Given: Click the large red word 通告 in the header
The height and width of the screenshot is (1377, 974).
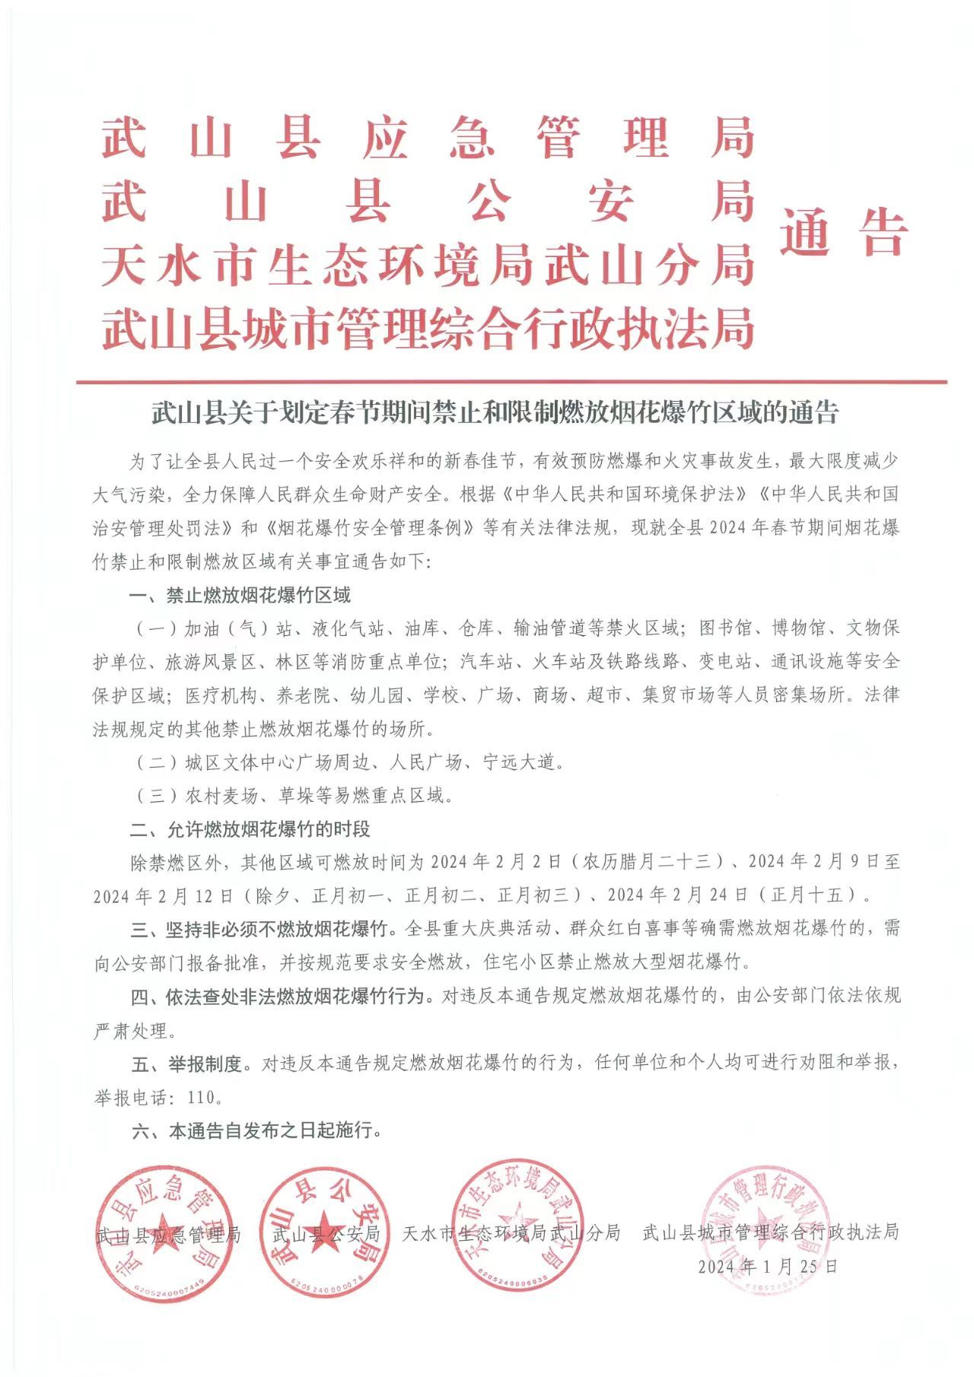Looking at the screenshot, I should pyautogui.click(x=843, y=232).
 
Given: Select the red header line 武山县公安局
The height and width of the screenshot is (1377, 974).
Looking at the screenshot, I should pyautogui.click(x=428, y=202).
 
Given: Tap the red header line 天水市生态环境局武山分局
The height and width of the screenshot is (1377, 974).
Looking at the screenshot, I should pyautogui.click(x=428, y=266).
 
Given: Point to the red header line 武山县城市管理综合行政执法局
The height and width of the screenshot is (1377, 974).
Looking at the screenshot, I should pyautogui.click(x=428, y=329).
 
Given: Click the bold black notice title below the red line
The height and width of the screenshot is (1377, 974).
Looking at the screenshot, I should pyautogui.click(x=495, y=412).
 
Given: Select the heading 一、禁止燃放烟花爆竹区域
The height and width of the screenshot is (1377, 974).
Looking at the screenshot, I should pyautogui.click(x=240, y=596).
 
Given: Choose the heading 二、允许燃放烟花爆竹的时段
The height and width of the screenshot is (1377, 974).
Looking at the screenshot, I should pyautogui.click(x=250, y=828).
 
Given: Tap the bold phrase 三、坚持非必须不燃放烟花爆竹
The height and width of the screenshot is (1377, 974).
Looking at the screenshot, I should pyautogui.click(x=259, y=929).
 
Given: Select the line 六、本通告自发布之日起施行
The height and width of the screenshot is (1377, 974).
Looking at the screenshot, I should pyautogui.click(x=256, y=1130).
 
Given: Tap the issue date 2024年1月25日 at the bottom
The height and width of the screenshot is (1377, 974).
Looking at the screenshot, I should pyautogui.click(x=768, y=1266).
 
